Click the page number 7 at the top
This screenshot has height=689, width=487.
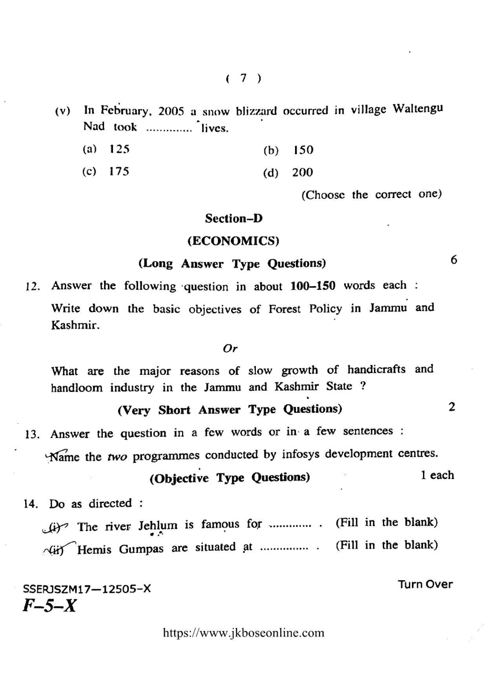243,78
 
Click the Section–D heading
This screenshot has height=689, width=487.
233,218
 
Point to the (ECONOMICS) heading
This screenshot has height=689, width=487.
233,240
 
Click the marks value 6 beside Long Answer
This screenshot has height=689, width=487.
454,260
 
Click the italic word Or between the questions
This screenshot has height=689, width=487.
230,348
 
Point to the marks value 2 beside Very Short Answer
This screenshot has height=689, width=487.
452,407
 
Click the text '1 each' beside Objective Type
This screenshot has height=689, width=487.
437,475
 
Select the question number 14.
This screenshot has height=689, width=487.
31,504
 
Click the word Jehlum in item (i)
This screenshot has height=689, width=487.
158,525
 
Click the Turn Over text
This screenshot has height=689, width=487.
425,584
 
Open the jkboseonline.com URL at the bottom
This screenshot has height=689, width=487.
243,633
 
